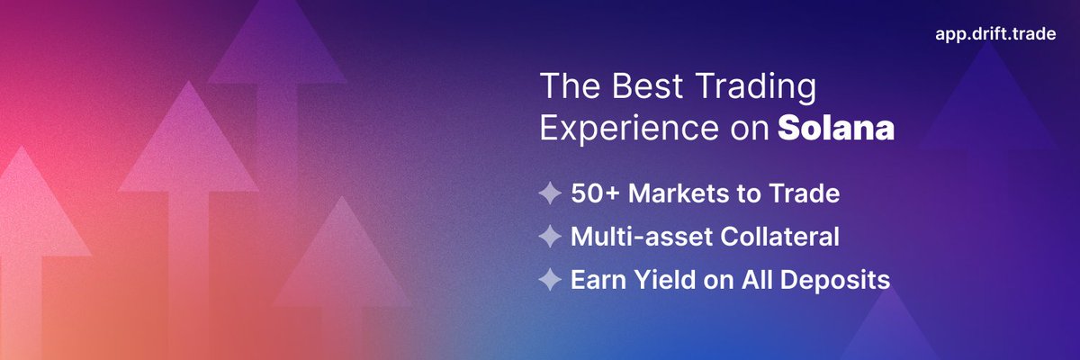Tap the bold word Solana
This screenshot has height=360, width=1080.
(x=836, y=128)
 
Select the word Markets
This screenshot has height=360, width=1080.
(x=673, y=193)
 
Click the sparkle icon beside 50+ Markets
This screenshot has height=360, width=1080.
(x=550, y=193)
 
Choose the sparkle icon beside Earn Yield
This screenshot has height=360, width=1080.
(x=550, y=280)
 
